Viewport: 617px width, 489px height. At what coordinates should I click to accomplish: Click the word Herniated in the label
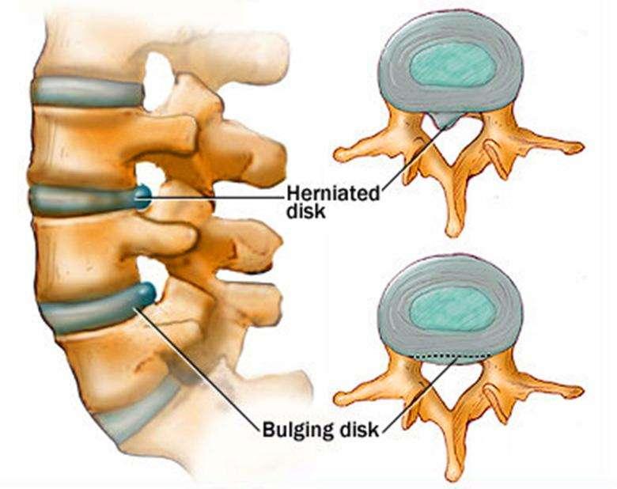333,194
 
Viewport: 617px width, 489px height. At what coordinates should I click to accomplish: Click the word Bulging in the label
297,430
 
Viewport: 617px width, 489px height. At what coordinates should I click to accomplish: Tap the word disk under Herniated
306,211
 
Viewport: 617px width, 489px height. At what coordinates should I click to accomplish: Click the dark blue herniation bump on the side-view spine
142,197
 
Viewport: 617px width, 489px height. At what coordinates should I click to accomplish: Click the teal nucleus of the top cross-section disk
452,64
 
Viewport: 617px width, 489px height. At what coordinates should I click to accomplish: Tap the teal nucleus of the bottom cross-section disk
452,309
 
